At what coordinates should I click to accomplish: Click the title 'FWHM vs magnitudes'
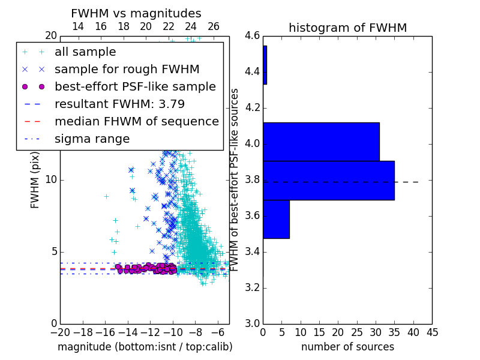(136, 13)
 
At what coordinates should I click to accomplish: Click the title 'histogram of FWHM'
(348, 28)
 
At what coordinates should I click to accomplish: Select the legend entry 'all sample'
(85, 52)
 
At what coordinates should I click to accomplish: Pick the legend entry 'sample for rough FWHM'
(127, 70)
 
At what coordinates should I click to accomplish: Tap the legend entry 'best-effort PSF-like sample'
(136, 86)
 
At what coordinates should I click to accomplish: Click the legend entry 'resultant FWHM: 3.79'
(119, 104)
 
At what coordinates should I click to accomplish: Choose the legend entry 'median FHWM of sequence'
(137, 122)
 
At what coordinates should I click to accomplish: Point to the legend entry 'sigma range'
(92, 139)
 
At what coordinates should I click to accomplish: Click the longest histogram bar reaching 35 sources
(329, 181)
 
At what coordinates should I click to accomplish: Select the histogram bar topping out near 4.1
(322, 142)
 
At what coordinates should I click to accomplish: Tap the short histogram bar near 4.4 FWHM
(265, 65)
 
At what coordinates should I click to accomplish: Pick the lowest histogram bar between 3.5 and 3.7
(277, 219)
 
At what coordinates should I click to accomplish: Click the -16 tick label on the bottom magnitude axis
(105, 332)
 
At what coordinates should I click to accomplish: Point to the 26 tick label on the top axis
(214, 26)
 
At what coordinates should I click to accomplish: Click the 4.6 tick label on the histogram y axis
(252, 36)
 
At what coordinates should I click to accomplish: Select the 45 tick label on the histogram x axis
(432, 332)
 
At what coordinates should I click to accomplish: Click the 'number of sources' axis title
(348, 347)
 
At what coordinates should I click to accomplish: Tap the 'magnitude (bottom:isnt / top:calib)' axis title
(145, 347)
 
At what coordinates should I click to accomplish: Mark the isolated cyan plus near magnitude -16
(106, 196)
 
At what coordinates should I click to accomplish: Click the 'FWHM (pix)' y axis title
(35, 180)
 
